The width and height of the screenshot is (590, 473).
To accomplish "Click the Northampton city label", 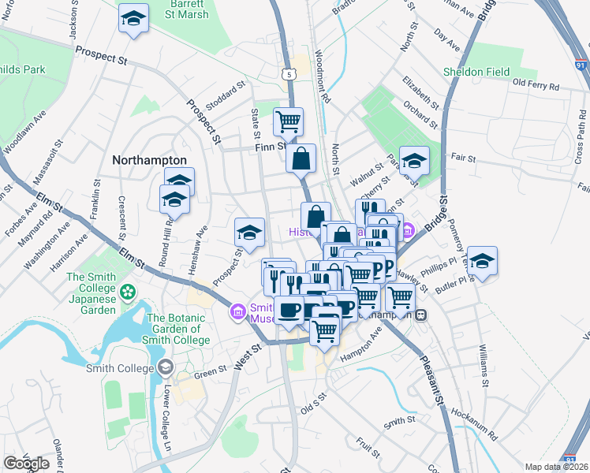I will click(x=149, y=159).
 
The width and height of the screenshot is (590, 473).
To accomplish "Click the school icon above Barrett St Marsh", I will click(x=134, y=18).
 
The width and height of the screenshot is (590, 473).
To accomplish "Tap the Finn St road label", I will click(x=269, y=146).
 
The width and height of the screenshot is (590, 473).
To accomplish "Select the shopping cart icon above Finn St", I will click(x=289, y=121).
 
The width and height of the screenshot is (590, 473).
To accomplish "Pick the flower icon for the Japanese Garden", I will click(x=128, y=292).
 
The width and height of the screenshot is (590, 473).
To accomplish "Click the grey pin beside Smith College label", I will click(x=166, y=367).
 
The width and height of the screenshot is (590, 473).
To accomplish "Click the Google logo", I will click(x=26, y=464).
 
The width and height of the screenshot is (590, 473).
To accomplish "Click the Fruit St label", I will click(x=368, y=448).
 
